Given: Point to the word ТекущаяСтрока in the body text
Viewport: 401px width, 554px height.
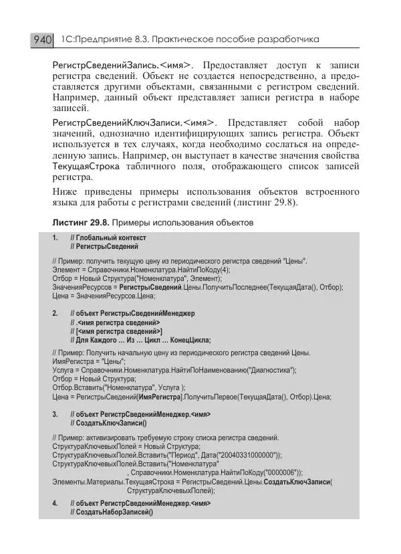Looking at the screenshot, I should point(83,165).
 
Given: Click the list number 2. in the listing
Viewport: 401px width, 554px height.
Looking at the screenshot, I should point(55,312).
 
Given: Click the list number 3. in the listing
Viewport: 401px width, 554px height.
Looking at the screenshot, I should point(55,414).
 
